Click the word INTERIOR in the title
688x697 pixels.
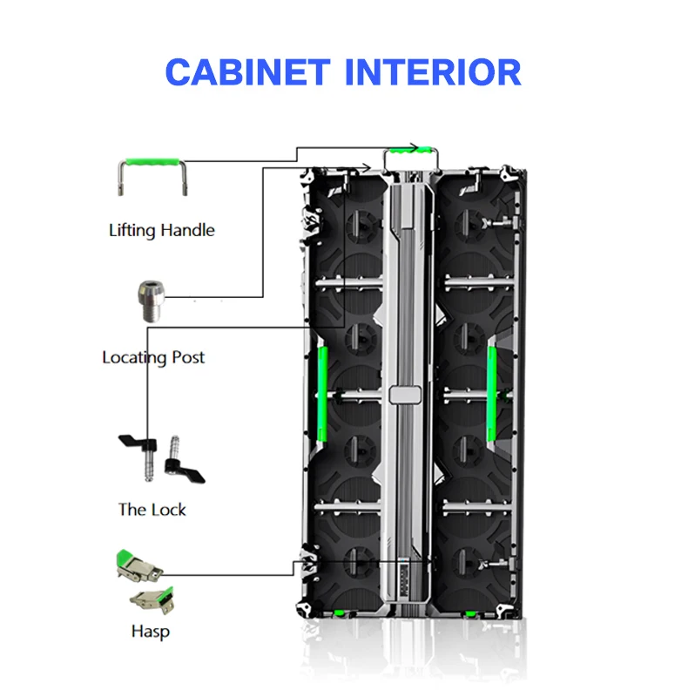tap(433, 71)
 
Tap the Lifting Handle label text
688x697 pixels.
tap(161, 231)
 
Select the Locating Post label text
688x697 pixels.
tap(153, 357)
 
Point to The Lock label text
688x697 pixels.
tap(152, 510)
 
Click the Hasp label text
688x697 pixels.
tap(150, 632)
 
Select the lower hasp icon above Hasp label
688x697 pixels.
tap(151, 600)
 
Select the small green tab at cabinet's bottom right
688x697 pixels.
tap(470, 615)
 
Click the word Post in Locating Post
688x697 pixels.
tap(188, 357)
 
